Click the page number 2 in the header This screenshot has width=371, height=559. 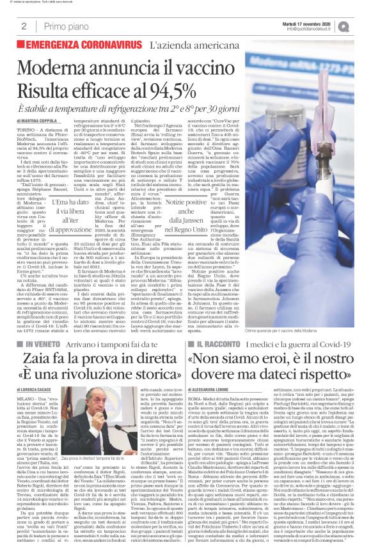23,26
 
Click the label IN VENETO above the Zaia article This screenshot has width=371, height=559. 51,344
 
